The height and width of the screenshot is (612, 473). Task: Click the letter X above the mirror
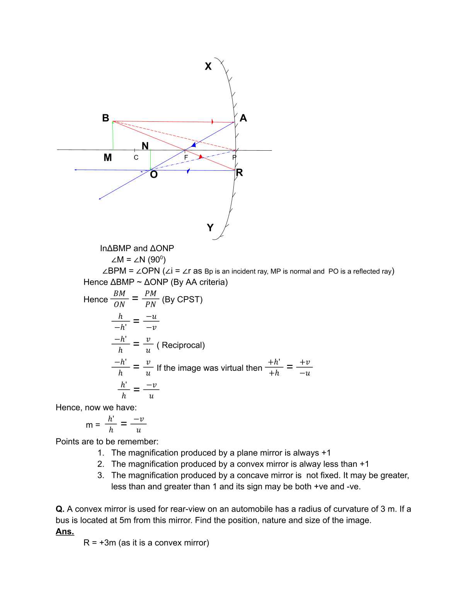click(x=208, y=66)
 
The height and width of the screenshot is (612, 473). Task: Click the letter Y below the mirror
click(x=210, y=228)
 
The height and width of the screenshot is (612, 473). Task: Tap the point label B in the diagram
click(x=105, y=118)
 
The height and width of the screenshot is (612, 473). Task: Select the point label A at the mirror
click(x=243, y=118)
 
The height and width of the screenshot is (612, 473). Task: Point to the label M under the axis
click(x=108, y=157)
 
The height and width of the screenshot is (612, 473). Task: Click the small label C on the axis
click(x=136, y=158)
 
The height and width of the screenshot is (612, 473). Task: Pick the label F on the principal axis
click(x=186, y=158)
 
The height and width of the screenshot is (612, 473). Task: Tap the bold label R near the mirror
click(x=240, y=172)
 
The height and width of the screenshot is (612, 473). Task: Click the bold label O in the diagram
click(x=154, y=175)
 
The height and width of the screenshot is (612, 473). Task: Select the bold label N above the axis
click(x=145, y=146)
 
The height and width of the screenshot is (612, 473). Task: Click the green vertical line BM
click(x=113, y=136)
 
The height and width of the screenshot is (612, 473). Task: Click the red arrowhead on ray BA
click(x=213, y=122)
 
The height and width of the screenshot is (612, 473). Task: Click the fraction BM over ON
click(x=119, y=299)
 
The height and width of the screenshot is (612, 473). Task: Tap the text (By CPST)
click(x=182, y=299)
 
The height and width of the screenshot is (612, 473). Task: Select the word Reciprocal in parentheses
click(x=183, y=345)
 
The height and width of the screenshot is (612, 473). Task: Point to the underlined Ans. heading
click(x=65, y=532)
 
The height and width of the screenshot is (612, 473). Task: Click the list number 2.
click(x=101, y=464)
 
